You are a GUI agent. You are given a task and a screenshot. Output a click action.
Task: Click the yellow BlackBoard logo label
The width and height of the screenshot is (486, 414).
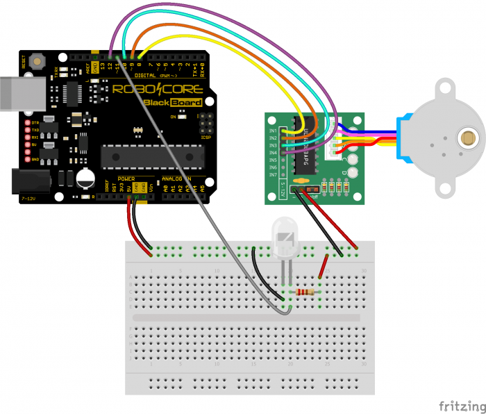(173, 103)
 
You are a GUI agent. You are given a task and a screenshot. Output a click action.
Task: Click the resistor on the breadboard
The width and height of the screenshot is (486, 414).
(304, 292)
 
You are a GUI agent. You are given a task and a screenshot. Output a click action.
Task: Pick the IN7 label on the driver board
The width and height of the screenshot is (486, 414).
(273, 174)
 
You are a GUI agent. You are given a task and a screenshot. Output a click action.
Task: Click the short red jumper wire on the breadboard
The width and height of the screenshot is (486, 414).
(323, 268)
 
